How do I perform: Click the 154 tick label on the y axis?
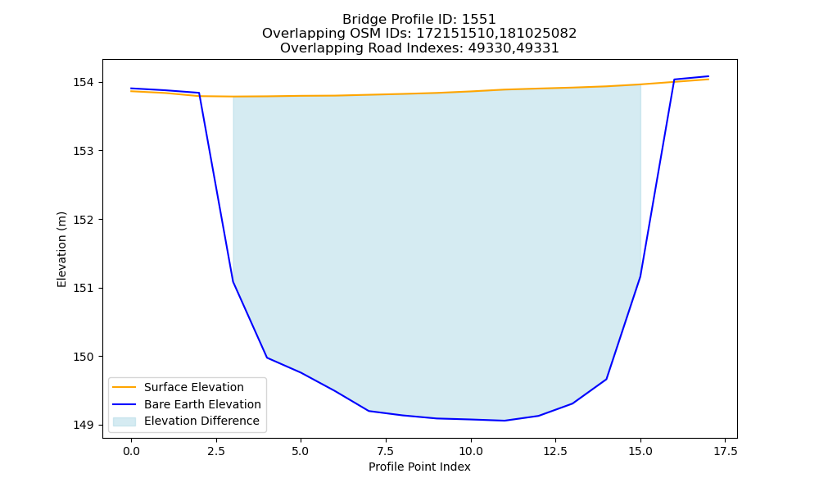click(83, 83)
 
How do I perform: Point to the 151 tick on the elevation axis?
click(83, 288)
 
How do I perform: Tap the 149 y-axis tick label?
click(83, 425)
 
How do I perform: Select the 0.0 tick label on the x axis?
click(131, 451)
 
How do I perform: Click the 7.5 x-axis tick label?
click(386, 451)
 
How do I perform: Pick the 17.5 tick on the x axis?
click(726, 451)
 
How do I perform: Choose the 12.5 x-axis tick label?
click(555, 451)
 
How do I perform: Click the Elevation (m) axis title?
click(61, 249)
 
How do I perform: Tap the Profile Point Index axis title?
click(419, 467)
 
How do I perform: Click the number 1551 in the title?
click(478, 20)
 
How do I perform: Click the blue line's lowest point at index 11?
click(505, 421)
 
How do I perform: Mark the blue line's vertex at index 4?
click(267, 358)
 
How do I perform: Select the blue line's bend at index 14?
click(606, 379)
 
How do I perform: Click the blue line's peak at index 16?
click(674, 80)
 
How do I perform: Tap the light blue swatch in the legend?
click(124, 421)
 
